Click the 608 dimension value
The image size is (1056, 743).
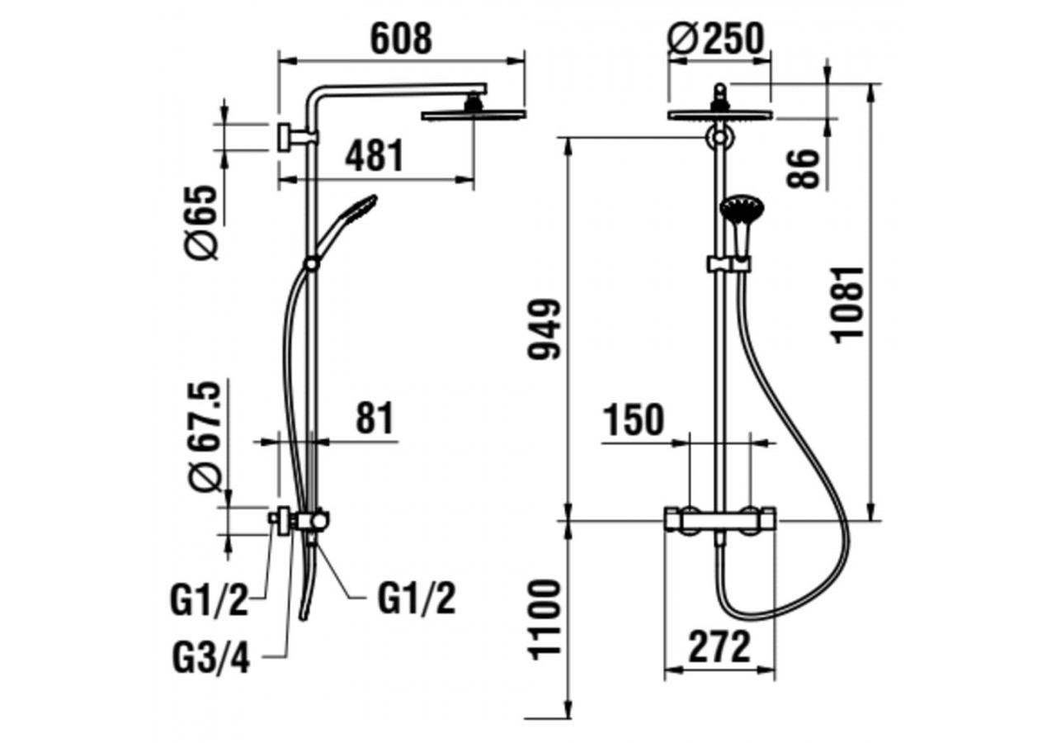401,39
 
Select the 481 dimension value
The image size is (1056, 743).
375,156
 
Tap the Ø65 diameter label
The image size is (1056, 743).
202,222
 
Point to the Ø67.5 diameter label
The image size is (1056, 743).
204,437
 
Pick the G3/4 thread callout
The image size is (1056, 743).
210,659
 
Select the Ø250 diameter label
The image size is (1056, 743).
715,39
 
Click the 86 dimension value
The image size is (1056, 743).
804,168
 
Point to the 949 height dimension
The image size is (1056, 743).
544,329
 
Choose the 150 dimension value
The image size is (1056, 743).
633,420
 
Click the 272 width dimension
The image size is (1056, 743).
719,646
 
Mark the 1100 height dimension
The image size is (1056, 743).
544,618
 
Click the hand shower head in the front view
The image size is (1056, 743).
741,209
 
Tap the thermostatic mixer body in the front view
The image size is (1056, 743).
720,521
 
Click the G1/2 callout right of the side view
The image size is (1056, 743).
417,599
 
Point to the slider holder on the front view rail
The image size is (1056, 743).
729,264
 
